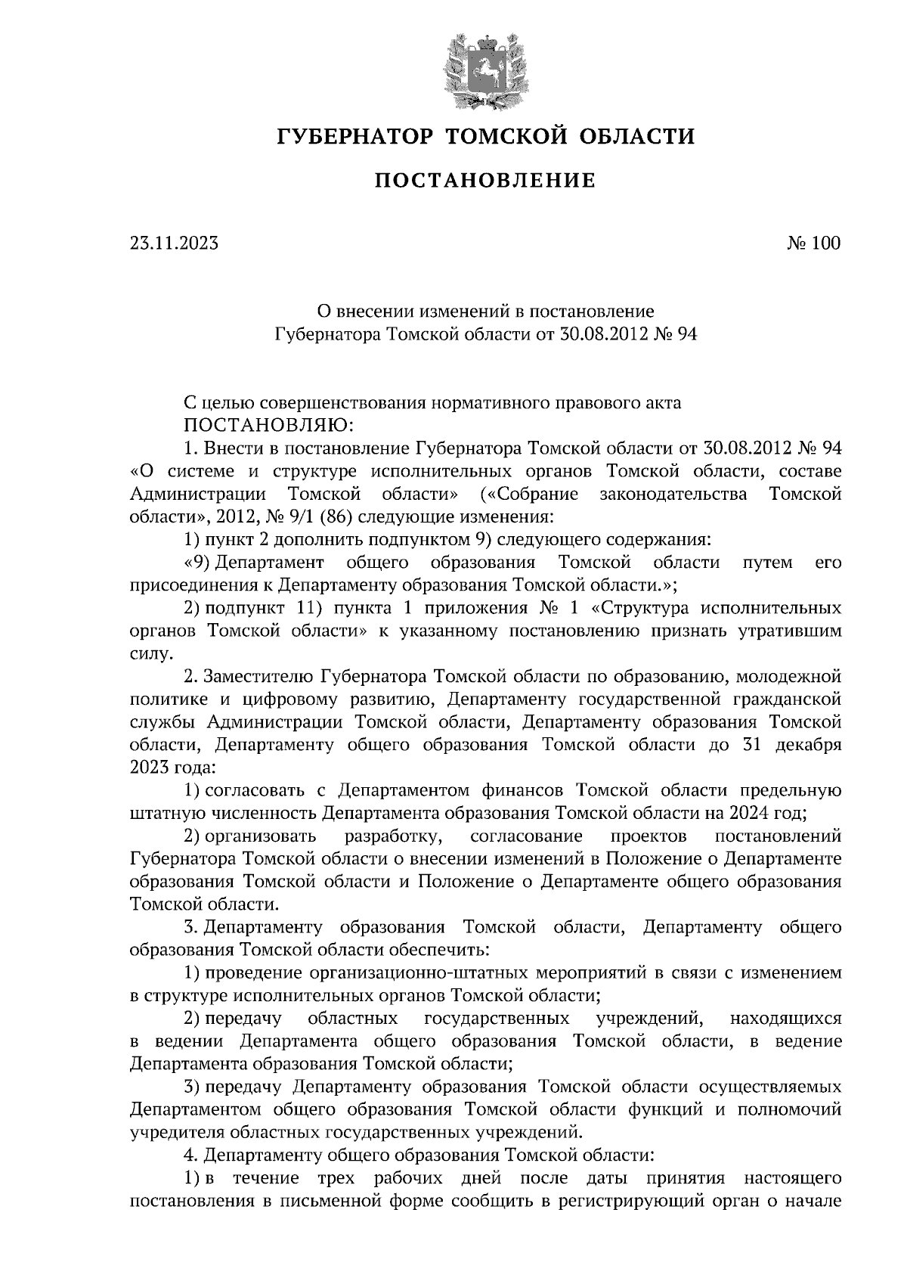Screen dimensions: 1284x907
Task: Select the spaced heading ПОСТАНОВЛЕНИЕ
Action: click(485, 181)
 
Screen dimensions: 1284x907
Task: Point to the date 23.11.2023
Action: click(174, 243)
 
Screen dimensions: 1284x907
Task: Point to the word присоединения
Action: click(192, 585)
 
